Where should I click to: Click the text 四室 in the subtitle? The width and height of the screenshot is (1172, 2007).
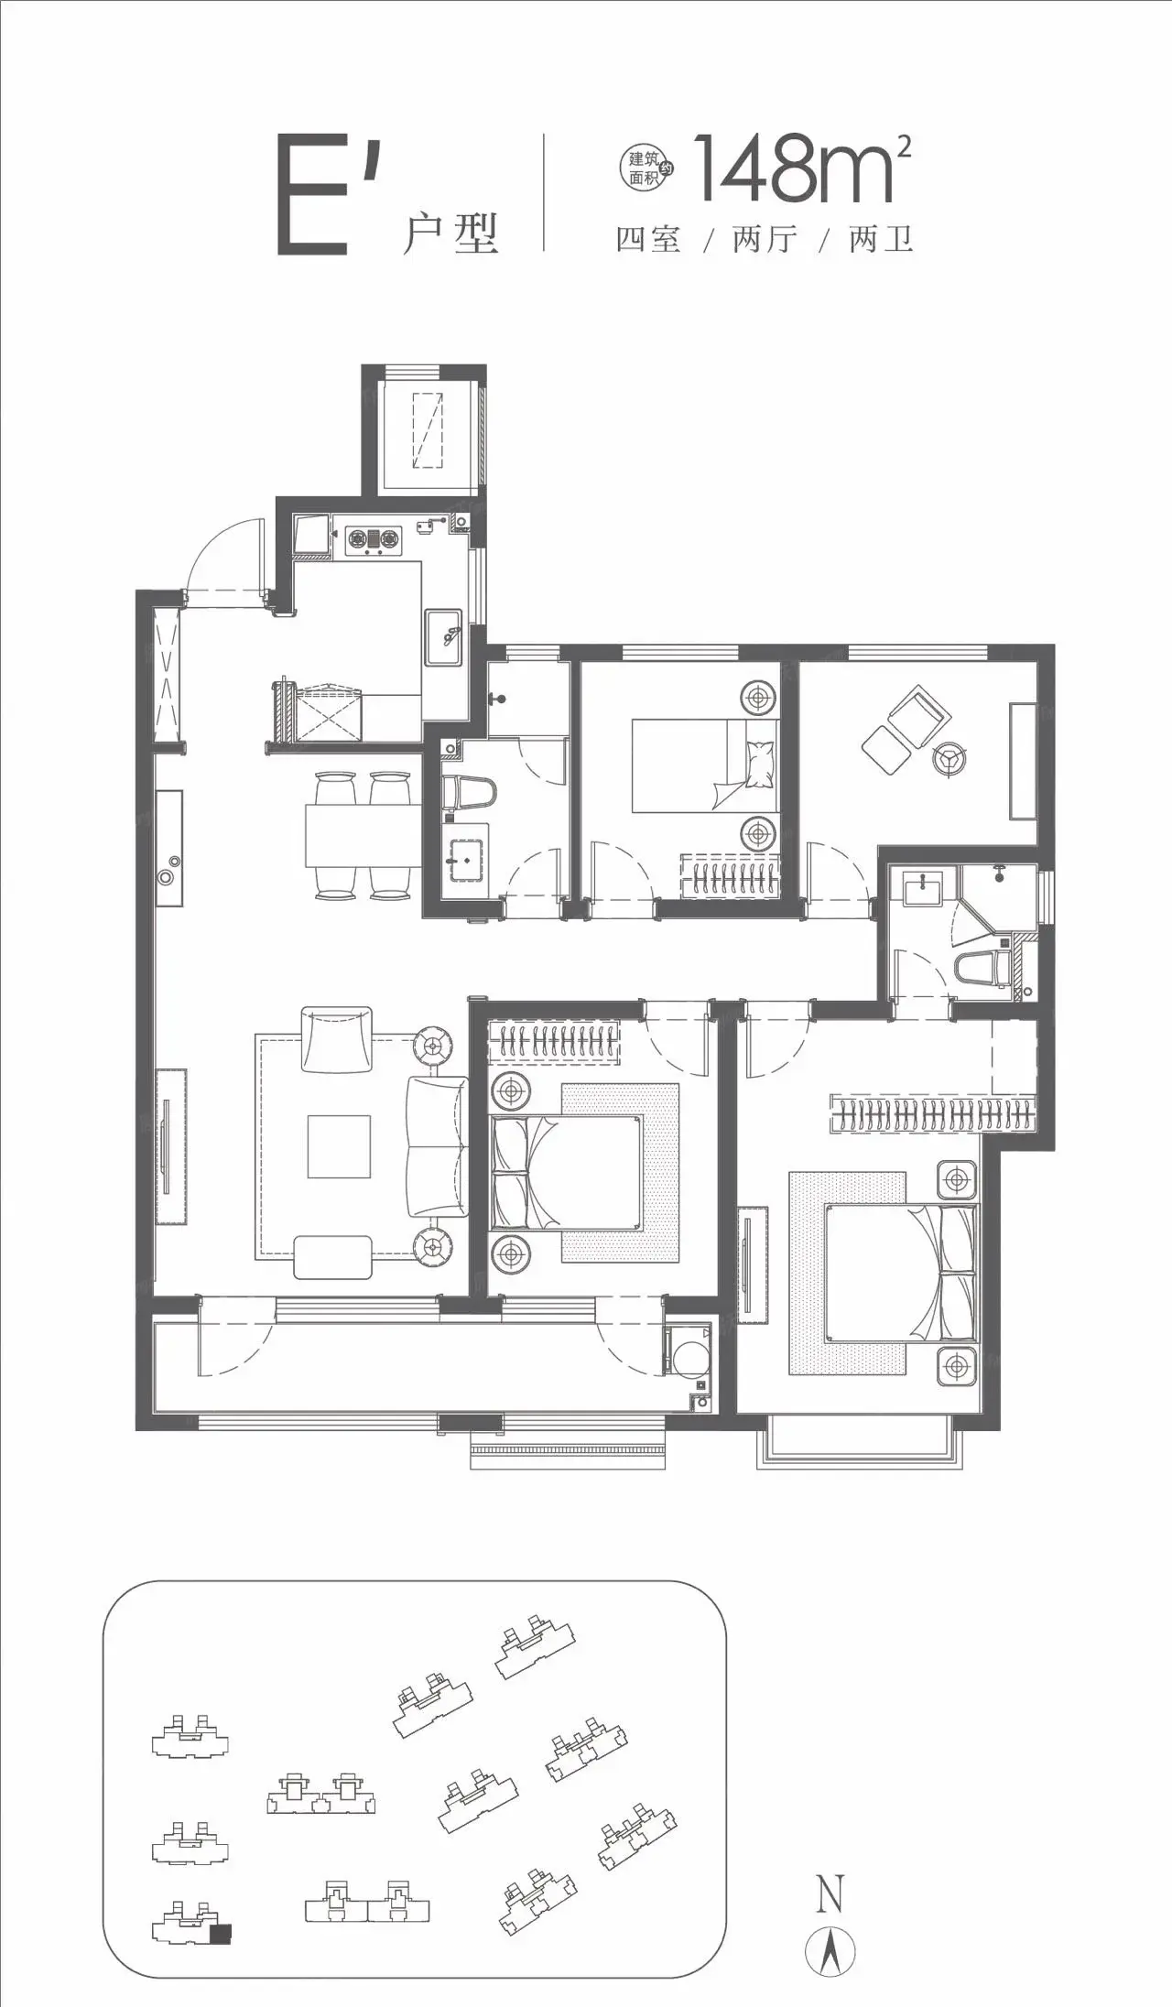pos(648,240)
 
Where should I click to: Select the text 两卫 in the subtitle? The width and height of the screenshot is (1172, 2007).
pos(882,240)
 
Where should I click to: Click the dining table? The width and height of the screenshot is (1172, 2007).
pos(359,835)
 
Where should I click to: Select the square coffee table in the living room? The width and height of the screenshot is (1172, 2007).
pos(339,1145)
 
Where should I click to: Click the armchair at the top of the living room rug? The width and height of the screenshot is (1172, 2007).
pos(337,1038)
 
